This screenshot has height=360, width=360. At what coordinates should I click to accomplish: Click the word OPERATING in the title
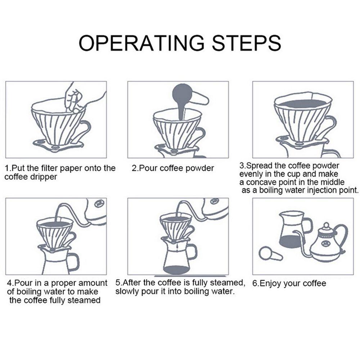point(141,43)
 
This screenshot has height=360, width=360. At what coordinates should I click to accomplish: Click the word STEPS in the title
point(247,43)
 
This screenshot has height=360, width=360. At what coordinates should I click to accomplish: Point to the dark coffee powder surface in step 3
point(303,104)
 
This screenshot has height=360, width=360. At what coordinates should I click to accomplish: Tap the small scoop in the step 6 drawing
point(270,254)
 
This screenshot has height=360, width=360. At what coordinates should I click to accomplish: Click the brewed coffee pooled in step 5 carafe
point(176,270)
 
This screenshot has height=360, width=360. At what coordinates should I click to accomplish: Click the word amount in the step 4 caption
point(93,283)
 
